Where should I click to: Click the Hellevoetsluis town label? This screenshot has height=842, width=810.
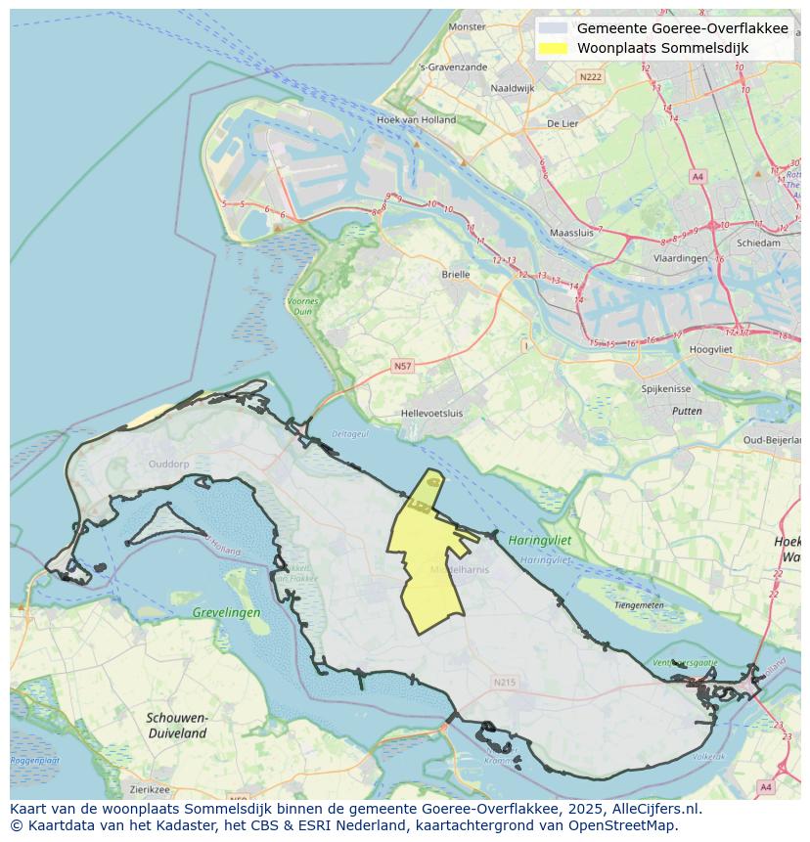point(431,414)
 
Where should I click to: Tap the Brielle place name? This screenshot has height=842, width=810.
point(456,275)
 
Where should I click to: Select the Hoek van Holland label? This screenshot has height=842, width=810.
point(416,120)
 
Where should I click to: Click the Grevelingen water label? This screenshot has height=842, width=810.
point(227,612)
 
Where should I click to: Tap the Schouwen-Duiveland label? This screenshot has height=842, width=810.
point(177,725)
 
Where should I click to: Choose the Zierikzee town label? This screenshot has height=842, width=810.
point(149,789)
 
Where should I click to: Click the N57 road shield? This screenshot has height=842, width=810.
point(402,366)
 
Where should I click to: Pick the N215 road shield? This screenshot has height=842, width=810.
point(504,682)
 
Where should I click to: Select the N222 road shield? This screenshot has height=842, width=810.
point(590,76)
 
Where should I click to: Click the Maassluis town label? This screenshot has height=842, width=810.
point(572,234)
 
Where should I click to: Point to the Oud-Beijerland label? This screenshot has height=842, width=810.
point(773,440)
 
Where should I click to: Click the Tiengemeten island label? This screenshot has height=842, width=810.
point(639,605)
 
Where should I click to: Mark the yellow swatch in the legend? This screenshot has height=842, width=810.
point(553,48)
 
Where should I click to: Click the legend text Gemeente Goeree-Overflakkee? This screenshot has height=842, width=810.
point(682,28)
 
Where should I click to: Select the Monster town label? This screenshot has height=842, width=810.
point(467,26)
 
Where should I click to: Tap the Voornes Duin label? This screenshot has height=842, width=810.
point(303,306)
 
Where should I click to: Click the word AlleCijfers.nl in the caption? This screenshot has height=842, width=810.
point(654,809)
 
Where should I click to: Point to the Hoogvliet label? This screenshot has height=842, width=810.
point(710,349)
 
